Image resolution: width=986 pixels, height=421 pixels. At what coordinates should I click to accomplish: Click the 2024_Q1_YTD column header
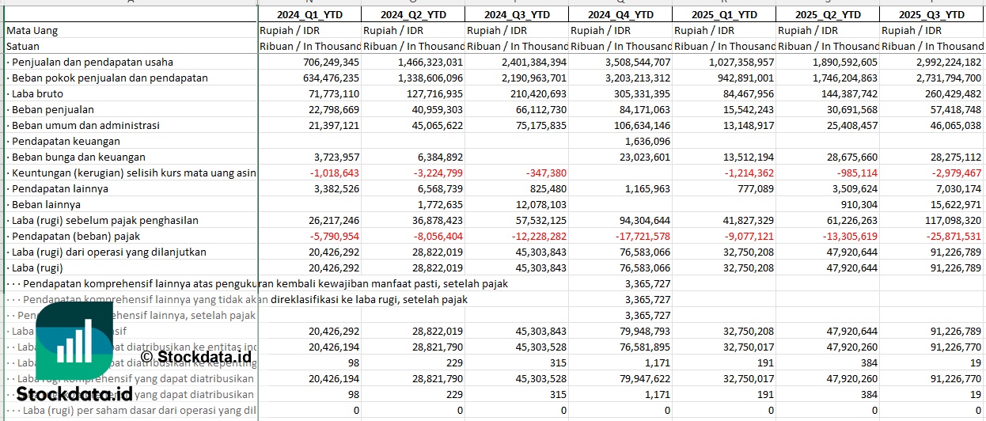point(309,14)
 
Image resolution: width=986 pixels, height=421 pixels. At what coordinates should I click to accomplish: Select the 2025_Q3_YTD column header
point(931,14)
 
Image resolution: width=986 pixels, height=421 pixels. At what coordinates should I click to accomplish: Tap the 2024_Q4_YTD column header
point(620,14)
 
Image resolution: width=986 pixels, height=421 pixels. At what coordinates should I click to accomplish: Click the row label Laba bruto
point(39,93)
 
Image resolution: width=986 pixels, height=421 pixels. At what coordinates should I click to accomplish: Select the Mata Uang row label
point(32,30)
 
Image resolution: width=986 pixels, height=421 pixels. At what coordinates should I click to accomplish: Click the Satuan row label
point(23,46)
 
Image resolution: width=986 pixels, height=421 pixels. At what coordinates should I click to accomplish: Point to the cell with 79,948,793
point(642,331)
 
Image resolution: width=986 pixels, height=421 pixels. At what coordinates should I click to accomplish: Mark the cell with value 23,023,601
point(642,157)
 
